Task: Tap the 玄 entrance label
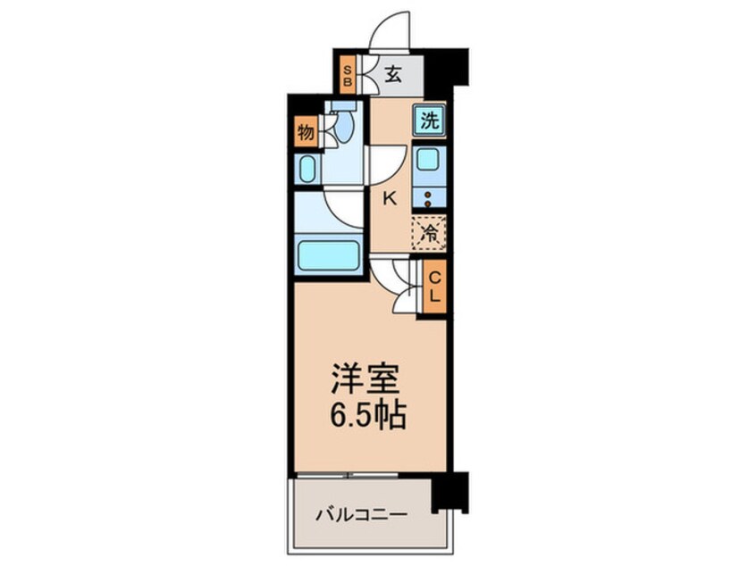[391, 74]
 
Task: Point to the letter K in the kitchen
[389, 199]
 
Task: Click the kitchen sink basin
[428, 163]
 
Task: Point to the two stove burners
[429, 199]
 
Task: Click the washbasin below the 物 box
[307, 168]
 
